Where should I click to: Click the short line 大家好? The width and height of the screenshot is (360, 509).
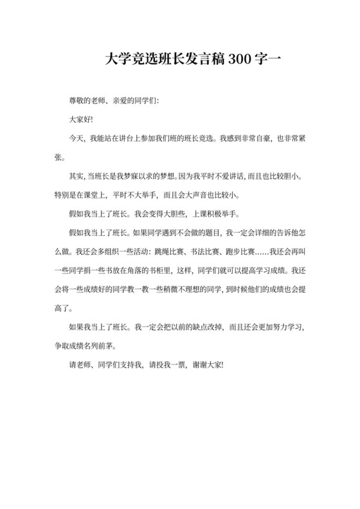tap(82, 120)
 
